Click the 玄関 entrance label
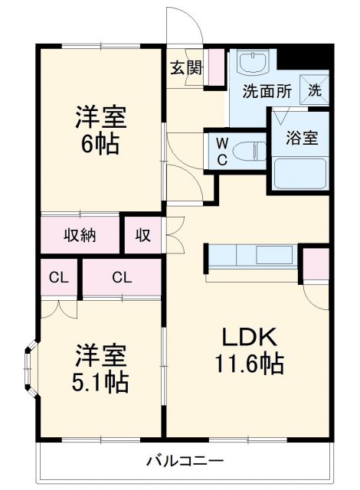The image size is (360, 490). [x=186, y=67]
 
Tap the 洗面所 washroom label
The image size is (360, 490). [x=267, y=90]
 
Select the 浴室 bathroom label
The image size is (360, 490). [x=303, y=139]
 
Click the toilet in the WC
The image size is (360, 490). [x=247, y=149]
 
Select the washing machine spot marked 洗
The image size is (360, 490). [x=316, y=87]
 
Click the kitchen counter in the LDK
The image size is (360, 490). [x=251, y=255]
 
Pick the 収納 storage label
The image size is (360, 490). [x=80, y=235]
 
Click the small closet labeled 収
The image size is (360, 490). [x=143, y=235]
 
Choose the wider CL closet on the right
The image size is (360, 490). [x=122, y=276]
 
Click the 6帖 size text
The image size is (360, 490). [x=100, y=145]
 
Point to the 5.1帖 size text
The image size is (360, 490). [x=100, y=381]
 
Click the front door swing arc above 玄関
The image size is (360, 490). [x=187, y=27]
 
